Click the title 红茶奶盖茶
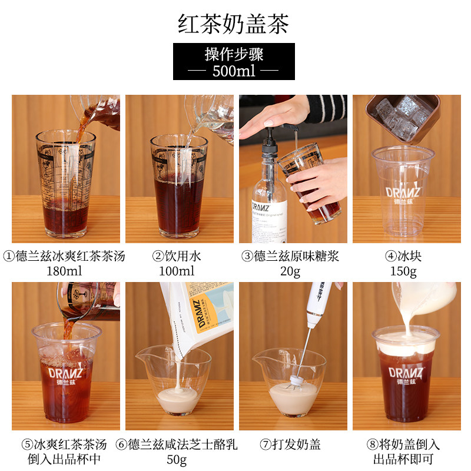tap(234, 24)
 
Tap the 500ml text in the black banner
tap(234, 71)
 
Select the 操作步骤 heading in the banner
tap(234, 55)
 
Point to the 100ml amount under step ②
tap(177, 271)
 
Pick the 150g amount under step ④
tap(403, 271)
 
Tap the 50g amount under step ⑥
tap(177, 459)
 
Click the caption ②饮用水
tap(177, 256)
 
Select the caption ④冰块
tap(403, 256)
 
